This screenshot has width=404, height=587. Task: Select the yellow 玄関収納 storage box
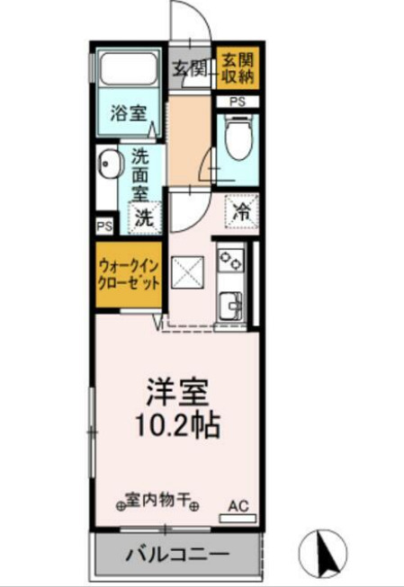[239, 69]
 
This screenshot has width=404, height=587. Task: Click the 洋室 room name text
[178, 393]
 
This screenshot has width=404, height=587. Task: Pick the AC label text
[237, 504]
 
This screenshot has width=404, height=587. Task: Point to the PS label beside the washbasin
[103, 225]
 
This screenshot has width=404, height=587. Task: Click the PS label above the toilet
[237, 102]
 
